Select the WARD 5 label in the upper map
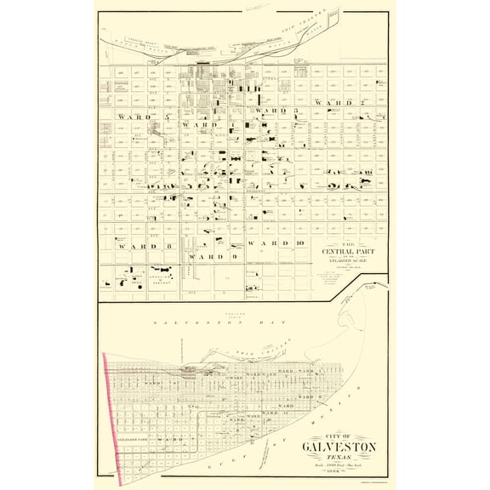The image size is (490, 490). tap(136, 115)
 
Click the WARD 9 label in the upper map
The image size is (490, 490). tap(207, 255)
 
